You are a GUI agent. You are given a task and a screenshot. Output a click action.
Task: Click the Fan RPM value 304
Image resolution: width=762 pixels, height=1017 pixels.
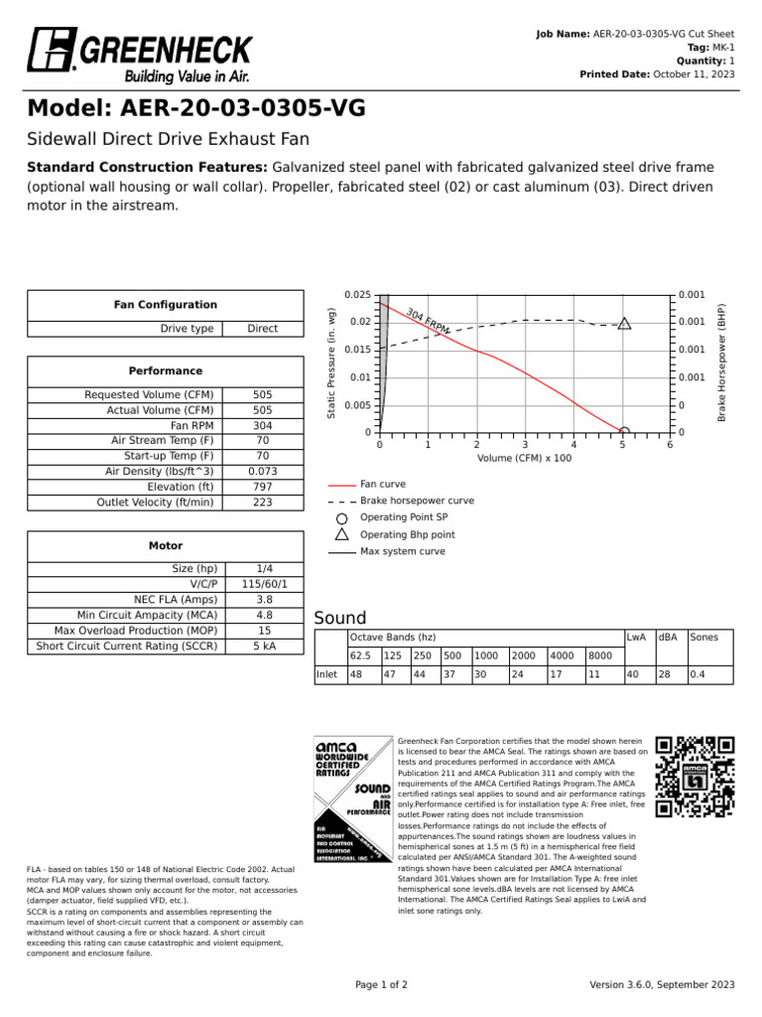262,425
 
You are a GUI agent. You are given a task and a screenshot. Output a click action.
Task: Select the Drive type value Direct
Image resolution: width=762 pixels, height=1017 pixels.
262,329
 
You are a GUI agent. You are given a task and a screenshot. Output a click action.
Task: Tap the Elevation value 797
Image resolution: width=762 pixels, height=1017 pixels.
262,487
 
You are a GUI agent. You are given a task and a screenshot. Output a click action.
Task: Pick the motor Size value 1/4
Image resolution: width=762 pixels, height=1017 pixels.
264,568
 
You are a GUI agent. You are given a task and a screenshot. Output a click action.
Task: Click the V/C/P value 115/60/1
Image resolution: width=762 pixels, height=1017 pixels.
264,584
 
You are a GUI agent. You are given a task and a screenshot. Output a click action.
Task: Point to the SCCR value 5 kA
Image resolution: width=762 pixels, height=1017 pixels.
264,646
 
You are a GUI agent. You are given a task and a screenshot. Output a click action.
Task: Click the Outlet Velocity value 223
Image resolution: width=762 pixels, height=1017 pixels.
262,503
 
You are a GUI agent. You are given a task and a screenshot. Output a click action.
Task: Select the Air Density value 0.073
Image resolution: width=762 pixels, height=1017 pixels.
262,472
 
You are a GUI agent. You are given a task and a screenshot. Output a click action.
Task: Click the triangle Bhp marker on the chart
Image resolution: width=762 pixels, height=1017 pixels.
624,323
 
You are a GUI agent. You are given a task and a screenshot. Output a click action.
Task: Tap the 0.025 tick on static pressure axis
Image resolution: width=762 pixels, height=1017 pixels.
357,295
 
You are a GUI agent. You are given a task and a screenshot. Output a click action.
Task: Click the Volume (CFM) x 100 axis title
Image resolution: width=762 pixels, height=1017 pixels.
524,458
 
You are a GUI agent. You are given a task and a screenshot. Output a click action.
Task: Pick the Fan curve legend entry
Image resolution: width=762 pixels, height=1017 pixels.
382,484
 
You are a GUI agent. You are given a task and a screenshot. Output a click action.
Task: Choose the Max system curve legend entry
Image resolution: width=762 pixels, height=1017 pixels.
402,551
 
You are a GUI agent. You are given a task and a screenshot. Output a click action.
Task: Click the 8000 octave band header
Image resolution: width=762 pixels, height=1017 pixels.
599,655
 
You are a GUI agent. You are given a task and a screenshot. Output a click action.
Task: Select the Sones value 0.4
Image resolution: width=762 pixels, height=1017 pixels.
698,675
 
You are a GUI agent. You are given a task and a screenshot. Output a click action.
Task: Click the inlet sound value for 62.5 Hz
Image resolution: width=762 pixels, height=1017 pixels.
358,675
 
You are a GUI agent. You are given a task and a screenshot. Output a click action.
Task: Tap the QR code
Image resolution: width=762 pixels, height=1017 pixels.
696,776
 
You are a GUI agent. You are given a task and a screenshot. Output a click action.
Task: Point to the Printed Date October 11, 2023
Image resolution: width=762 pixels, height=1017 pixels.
695,74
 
